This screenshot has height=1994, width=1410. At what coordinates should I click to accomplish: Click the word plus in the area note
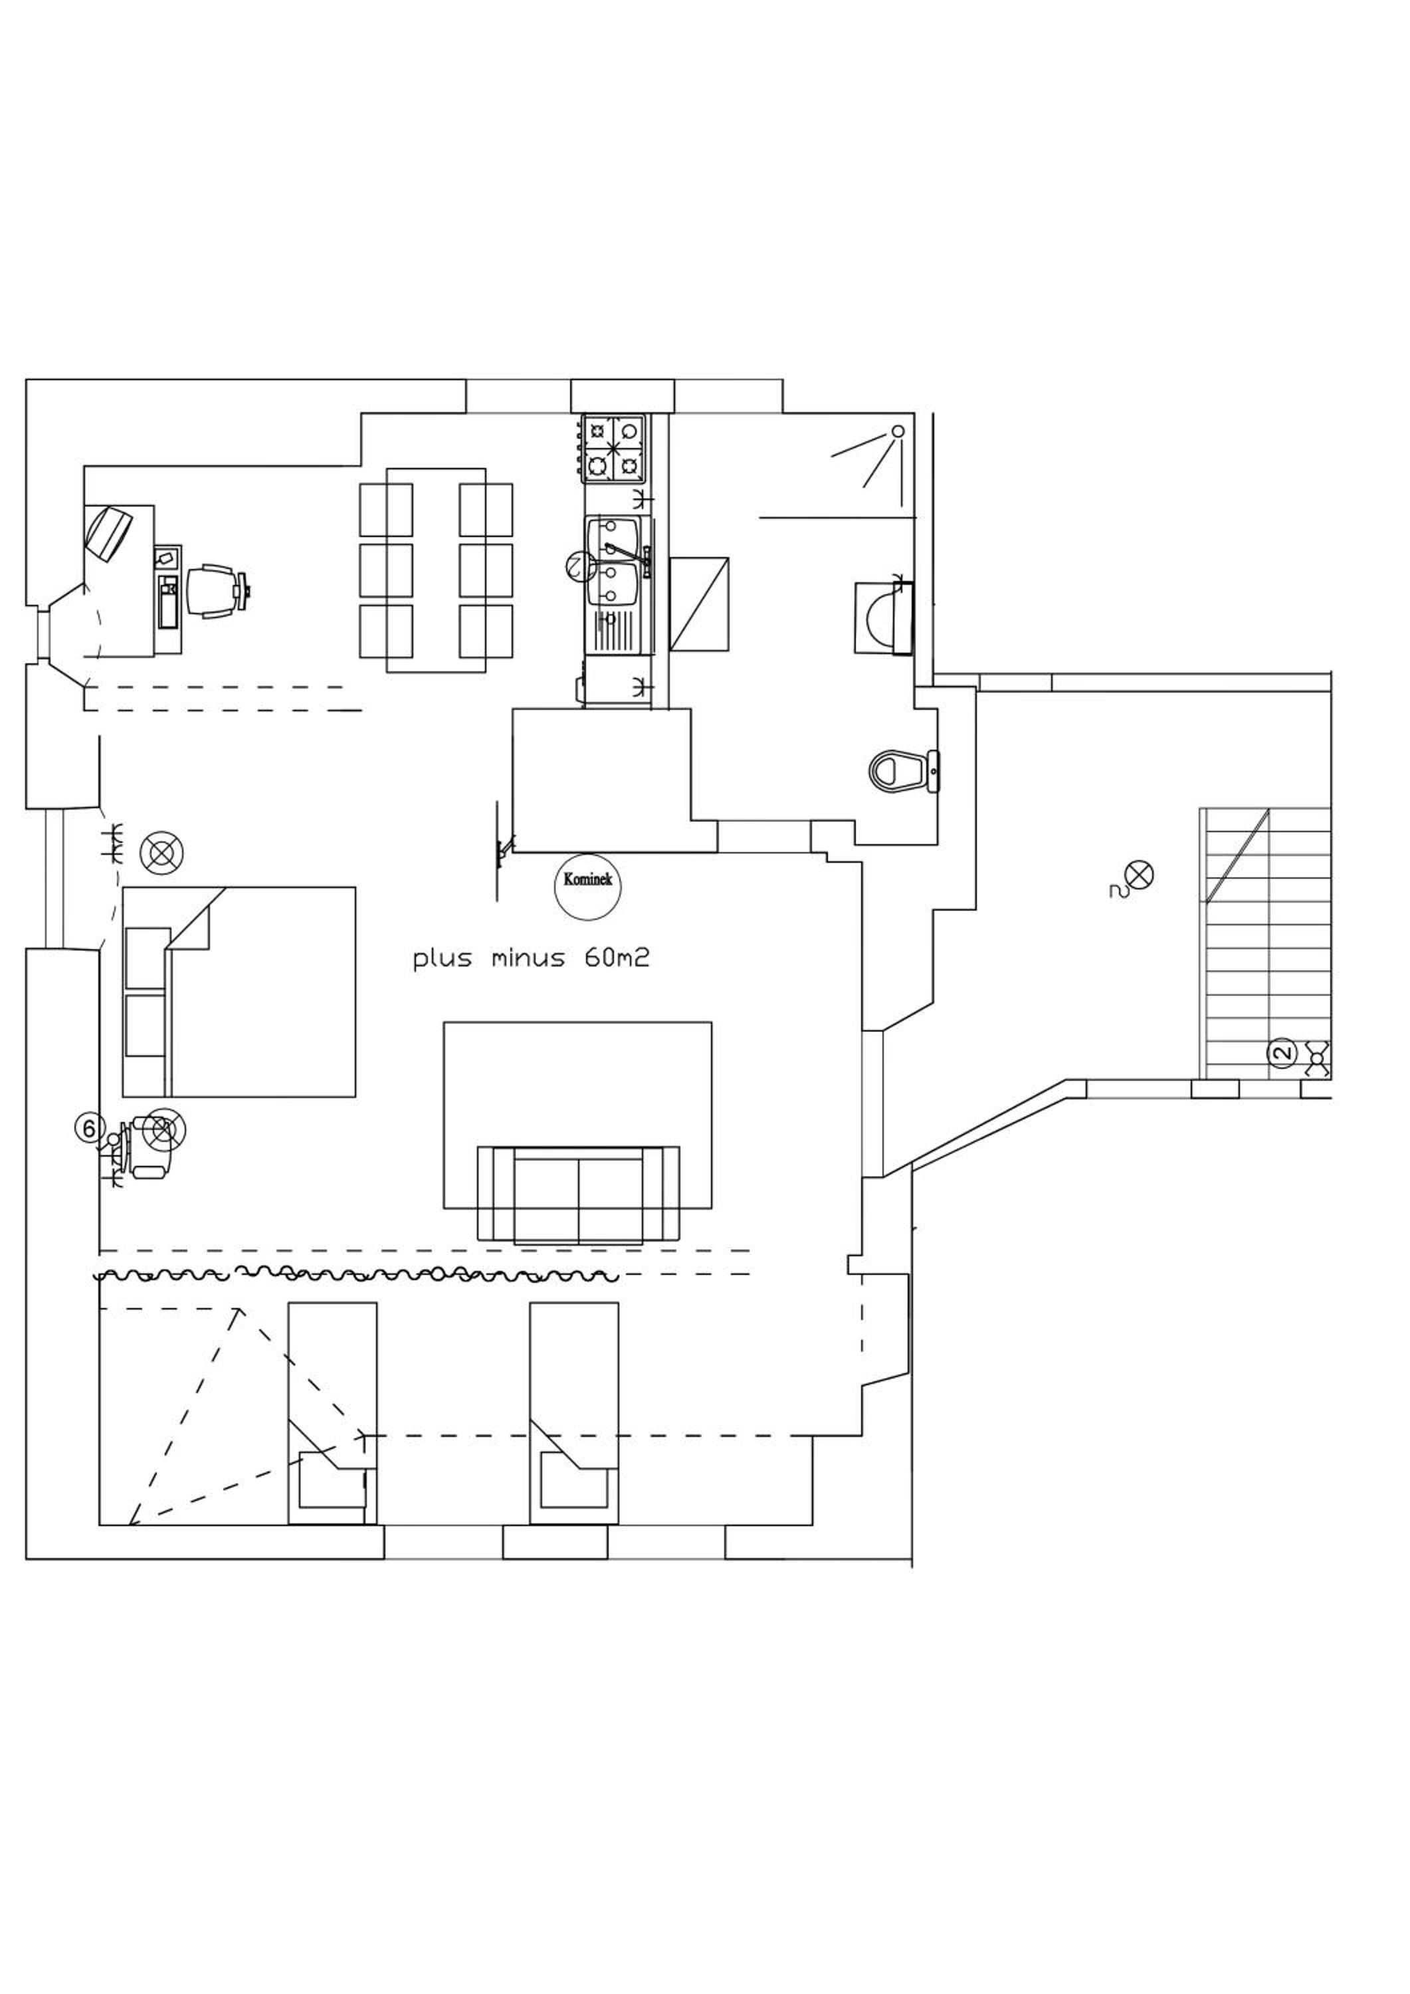tap(443, 960)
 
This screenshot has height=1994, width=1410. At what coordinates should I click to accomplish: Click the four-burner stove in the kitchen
tap(614, 449)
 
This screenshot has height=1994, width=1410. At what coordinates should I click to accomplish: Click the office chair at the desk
tap(215, 592)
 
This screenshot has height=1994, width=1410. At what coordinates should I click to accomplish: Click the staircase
tap(1266, 943)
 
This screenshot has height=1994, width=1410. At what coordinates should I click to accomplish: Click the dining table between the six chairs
tap(436, 570)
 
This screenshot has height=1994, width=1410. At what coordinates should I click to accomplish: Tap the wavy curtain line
tap(356, 1275)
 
